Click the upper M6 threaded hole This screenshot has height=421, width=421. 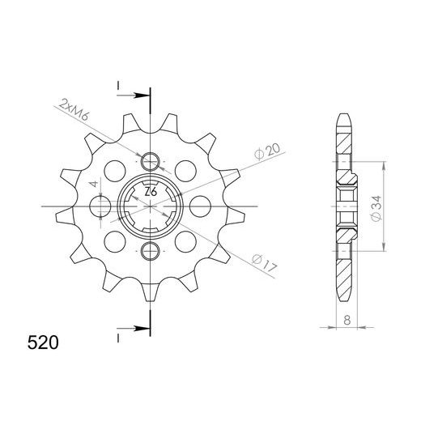click(x=151, y=163)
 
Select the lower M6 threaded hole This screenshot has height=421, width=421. click(x=151, y=249)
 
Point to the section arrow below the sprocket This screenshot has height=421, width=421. click(x=140, y=330)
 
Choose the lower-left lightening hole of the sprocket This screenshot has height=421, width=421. click(x=115, y=241)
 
